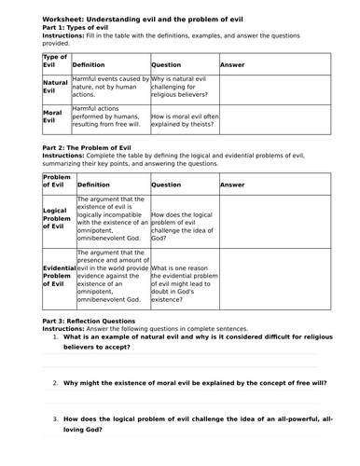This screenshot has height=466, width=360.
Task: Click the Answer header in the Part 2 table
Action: [x=232, y=185]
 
